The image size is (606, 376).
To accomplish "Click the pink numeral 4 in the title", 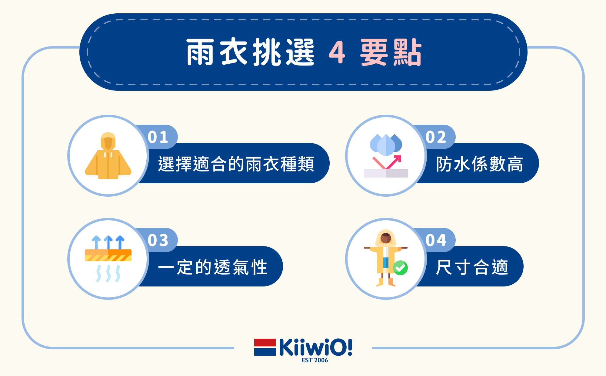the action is point(337,52).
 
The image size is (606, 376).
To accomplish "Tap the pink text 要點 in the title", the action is point(391,52).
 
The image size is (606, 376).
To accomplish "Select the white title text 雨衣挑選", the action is point(250,52).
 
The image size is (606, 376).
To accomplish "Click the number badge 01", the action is point(158,137).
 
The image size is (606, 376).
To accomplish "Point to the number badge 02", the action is point(436,137).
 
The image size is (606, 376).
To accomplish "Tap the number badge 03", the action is point(158,240).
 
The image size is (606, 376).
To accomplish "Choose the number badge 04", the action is point(436,240).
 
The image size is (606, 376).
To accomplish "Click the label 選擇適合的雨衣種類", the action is point(236,164).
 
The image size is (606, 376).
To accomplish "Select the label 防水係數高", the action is point(480,164).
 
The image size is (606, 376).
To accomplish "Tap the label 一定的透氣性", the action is point(213,267).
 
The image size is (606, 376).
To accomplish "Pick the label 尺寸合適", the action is point(472,267).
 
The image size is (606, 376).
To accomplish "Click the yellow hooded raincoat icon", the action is point(108,156).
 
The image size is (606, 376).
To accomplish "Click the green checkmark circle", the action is point(400,268).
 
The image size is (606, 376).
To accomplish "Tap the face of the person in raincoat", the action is point(386,238).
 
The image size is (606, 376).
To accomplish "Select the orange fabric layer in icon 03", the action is point(108,255).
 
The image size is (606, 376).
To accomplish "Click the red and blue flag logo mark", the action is point(265,347).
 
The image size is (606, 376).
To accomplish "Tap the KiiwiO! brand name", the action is point(315,347).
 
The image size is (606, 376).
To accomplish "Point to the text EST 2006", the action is point(315,360).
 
